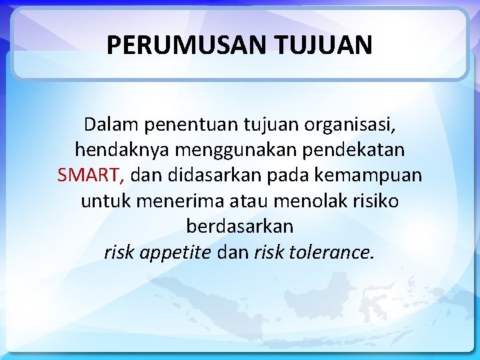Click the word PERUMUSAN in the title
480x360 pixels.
[179, 45]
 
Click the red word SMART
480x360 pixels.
[89, 175]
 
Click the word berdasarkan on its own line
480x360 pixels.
[239, 226]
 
